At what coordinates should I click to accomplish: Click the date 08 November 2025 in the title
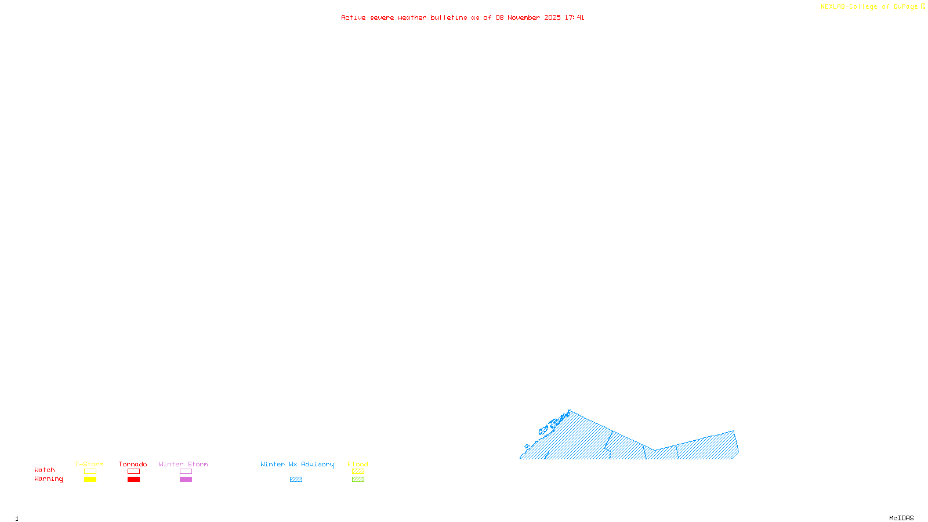tap(528, 18)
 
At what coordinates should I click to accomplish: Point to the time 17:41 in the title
tap(574, 18)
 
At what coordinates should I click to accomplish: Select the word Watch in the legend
tap(45, 470)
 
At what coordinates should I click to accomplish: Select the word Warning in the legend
tap(48, 479)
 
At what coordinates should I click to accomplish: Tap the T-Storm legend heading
tap(89, 464)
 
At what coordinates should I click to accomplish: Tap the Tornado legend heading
tap(133, 464)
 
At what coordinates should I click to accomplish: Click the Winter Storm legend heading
tap(183, 464)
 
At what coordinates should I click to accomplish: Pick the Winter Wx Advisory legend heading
tap(297, 464)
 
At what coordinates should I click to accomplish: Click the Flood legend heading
tap(358, 464)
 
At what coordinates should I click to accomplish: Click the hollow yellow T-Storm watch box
tap(90, 472)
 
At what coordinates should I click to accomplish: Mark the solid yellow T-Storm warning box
tap(90, 480)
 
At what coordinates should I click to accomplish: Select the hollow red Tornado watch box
tap(133, 472)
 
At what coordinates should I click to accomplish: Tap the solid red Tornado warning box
tap(133, 480)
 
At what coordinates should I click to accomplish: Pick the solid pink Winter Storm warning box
tap(186, 480)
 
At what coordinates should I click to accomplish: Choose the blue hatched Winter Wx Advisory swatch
tap(296, 480)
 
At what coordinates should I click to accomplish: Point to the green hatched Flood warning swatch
tap(358, 480)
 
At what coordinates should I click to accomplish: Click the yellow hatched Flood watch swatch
tap(358, 472)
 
